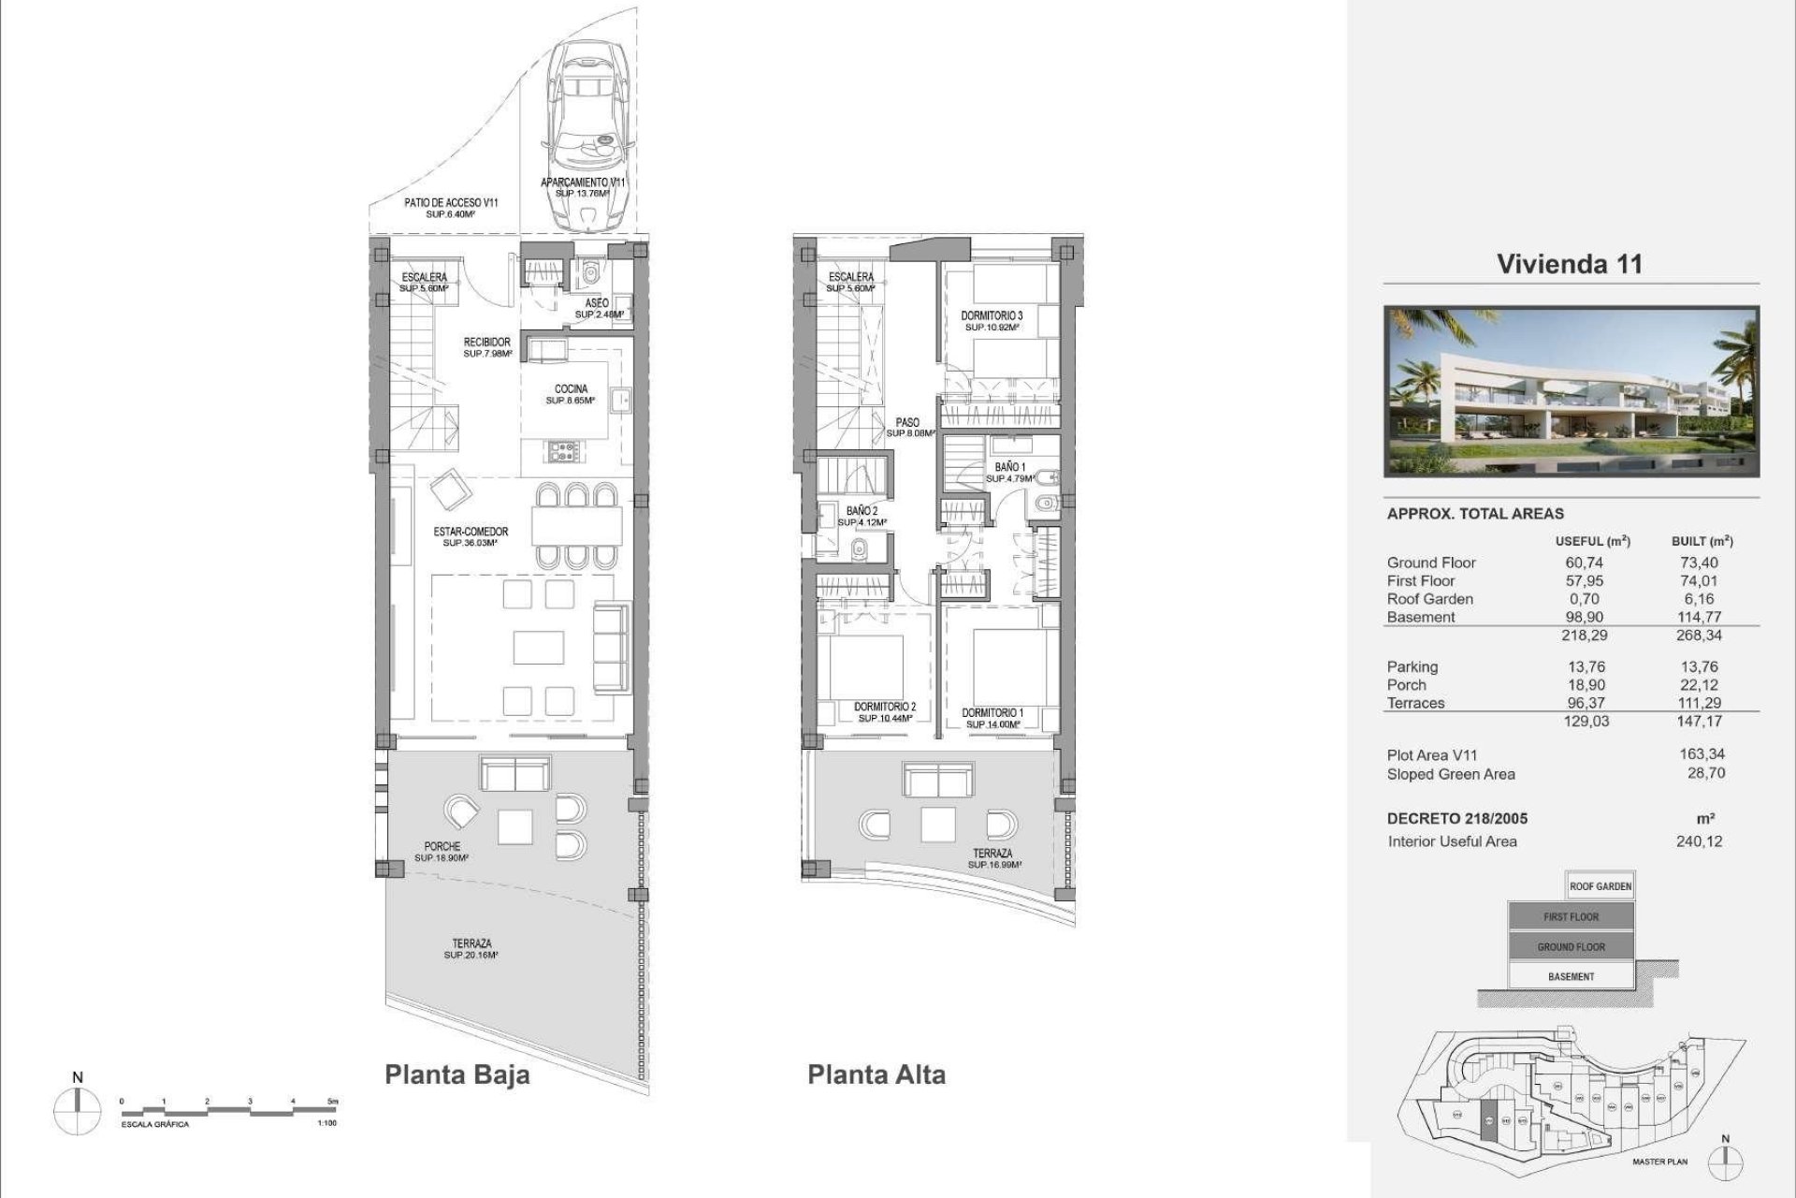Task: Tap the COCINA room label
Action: pyautogui.click(x=571, y=389)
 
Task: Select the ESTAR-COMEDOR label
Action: pyautogui.click(x=471, y=533)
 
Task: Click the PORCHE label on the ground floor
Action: pyautogui.click(x=442, y=847)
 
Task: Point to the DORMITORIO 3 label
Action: pyautogui.click(x=992, y=317)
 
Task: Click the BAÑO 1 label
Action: pyautogui.click(x=1010, y=467)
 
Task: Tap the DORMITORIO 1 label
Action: pyautogui.click(x=992, y=713)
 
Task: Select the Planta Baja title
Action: pyautogui.click(x=456, y=1074)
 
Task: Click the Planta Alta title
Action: pyautogui.click(x=876, y=1074)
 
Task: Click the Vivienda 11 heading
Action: pyautogui.click(x=1570, y=264)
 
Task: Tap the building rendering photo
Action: pyautogui.click(x=1571, y=390)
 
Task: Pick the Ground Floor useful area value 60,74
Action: pyautogui.click(x=1584, y=562)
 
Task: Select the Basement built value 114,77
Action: pyautogui.click(x=1700, y=617)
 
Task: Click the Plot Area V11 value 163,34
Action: pyautogui.click(x=1702, y=753)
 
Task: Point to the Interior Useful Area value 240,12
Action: pyautogui.click(x=1699, y=840)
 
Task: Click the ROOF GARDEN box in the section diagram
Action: pyautogui.click(x=1600, y=885)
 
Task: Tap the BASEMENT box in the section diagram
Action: pyautogui.click(x=1571, y=976)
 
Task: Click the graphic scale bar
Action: pyautogui.click(x=229, y=1109)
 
